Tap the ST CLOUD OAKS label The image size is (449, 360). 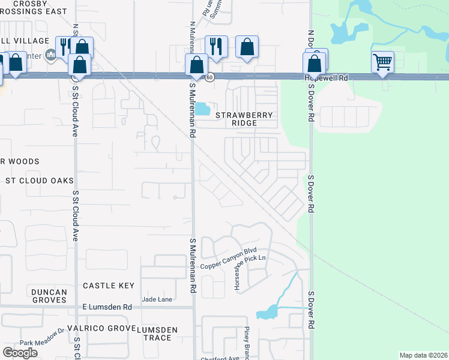(39, 181)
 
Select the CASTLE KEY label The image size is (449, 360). (109, 286)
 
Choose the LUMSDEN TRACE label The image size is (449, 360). (157, 334)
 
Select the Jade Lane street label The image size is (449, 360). (157, 299)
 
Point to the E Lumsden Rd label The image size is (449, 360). (107, 307)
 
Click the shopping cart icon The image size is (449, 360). (383, 61)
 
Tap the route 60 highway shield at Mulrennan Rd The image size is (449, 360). (209, 77)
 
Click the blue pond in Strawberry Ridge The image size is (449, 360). (202, 109)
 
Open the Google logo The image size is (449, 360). (20, 352)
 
